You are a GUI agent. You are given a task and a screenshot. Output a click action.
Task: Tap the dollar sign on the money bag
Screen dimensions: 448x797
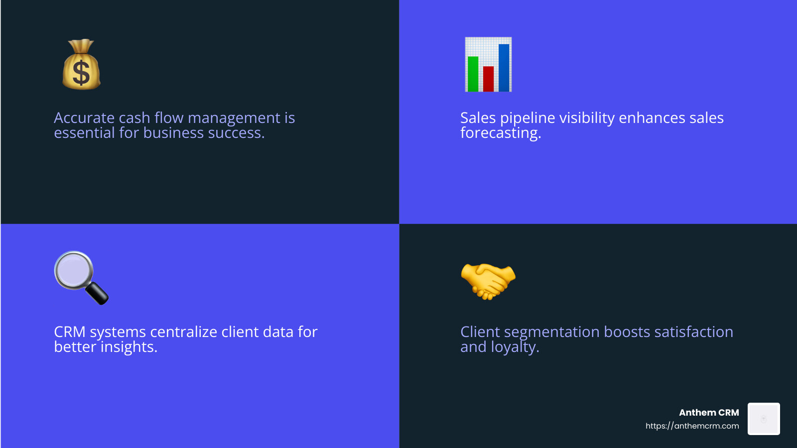(x=81, y=73)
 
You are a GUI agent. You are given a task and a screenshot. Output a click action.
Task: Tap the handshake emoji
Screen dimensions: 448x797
(x=488, y=281)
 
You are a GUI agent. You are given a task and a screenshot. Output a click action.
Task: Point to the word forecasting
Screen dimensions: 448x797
(x=500, y=133)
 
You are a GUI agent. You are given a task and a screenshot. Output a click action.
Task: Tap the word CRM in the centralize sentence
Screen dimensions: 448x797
(x=70, y=332)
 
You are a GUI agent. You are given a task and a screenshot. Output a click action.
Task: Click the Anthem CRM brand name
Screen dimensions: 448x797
(x=709, y=413)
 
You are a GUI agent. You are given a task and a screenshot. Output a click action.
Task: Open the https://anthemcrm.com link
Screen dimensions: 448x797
(x=692, y=426)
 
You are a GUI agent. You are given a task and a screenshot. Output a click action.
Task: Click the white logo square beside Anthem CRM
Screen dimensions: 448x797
(x=764, y=419)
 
